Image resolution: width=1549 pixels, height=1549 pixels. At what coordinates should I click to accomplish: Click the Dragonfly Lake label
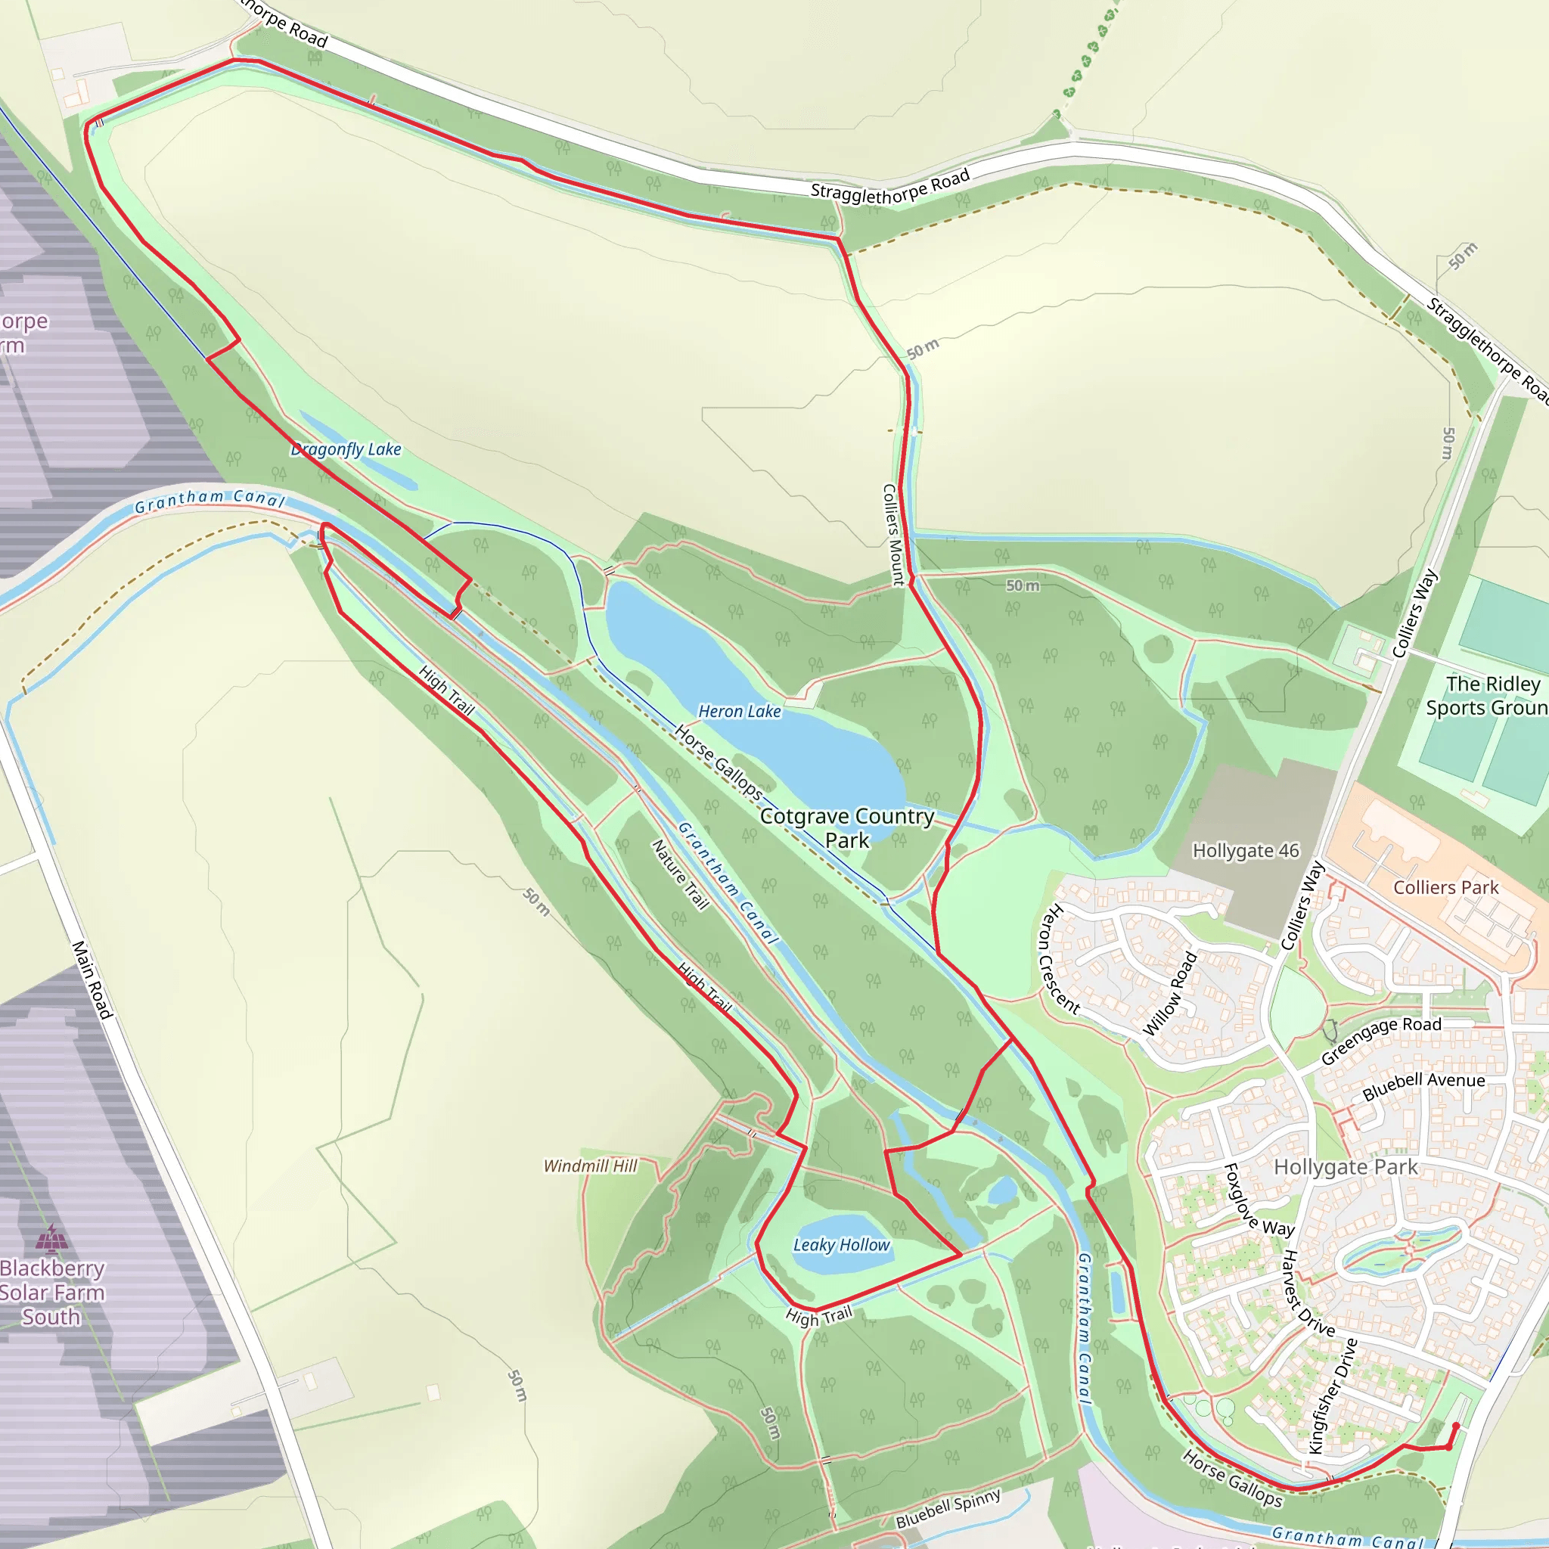346,449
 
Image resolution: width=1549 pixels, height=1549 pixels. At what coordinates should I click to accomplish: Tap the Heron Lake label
739,711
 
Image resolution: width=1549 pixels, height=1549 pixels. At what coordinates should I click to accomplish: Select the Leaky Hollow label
841,1244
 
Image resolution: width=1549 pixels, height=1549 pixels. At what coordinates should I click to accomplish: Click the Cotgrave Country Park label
846,827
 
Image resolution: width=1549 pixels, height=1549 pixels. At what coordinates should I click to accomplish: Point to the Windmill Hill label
590,1166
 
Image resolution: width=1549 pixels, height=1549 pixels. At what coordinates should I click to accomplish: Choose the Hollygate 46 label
1245,851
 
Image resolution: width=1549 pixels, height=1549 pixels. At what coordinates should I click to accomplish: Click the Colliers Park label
1445,887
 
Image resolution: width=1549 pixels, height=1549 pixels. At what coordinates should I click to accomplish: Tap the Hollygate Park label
1346,1166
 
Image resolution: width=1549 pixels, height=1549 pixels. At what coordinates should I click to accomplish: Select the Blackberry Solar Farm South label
52,1293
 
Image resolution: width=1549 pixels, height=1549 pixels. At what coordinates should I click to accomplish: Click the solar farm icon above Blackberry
51,1240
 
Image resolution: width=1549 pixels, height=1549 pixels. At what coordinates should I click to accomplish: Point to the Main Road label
92,979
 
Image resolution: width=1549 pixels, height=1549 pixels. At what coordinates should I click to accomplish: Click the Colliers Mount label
893,534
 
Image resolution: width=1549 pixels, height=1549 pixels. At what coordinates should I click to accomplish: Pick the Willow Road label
1170,994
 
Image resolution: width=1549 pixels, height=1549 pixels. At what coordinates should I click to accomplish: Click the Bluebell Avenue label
1423,1085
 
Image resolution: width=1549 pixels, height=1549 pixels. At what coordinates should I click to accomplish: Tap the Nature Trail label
680,875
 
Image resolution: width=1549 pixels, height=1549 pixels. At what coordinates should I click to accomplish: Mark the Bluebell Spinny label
948,1509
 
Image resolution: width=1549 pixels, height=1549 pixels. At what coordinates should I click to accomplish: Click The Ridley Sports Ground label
1485,695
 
